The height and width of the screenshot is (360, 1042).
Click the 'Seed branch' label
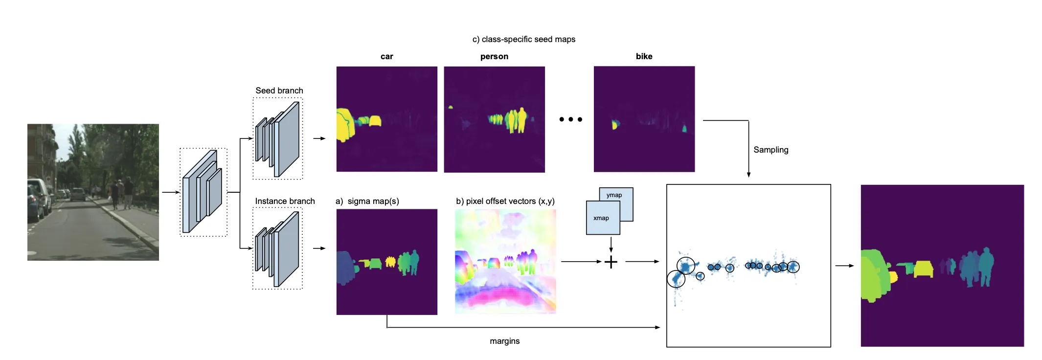[x=279, y=90]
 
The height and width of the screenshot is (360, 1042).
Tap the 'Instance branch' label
[x=285, y=201]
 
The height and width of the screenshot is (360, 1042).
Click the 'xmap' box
[x=603, y=218]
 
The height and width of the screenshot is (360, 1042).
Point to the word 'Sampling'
[x=771, y=150]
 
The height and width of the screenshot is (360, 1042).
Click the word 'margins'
[x=505, y=341]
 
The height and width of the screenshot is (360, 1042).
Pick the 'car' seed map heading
[x=387, y=57]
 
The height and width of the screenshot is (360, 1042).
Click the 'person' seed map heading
[x=494, y=57]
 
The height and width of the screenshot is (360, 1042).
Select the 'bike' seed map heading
[x=644, y=56]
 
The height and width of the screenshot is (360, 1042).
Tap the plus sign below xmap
[x=611, y=262]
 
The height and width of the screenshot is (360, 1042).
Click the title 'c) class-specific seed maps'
[x=523, y=39]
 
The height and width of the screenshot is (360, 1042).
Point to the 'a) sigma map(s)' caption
[x=367, y=201]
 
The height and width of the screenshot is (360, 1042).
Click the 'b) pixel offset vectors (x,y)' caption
[x=505, y=201]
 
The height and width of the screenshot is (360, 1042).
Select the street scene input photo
[x=93, y=192]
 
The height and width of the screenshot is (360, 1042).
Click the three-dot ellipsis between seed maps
[x=570, y=119]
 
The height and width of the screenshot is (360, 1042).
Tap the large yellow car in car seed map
[x=345, y=125]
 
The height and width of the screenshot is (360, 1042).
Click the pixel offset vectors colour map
[x=505, y=261]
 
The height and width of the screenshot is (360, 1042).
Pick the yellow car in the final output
[x=923, y=269]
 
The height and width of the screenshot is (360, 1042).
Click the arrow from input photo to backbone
[x=171, y=192]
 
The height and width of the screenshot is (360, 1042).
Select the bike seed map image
[x=644, y=119]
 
